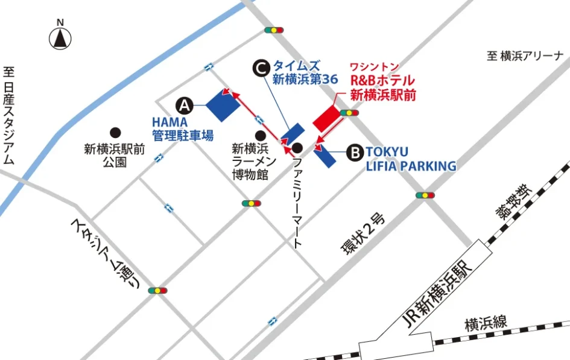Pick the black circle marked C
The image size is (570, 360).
tap(260, 68)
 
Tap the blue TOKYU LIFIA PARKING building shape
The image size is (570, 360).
tap(325, 156)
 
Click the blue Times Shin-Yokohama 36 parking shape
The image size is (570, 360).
tap(293, 136)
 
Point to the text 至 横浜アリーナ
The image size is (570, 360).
tap(525, 56)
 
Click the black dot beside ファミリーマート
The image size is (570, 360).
tap(297, 147)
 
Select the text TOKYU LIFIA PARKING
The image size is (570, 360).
tap(410, 159)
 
